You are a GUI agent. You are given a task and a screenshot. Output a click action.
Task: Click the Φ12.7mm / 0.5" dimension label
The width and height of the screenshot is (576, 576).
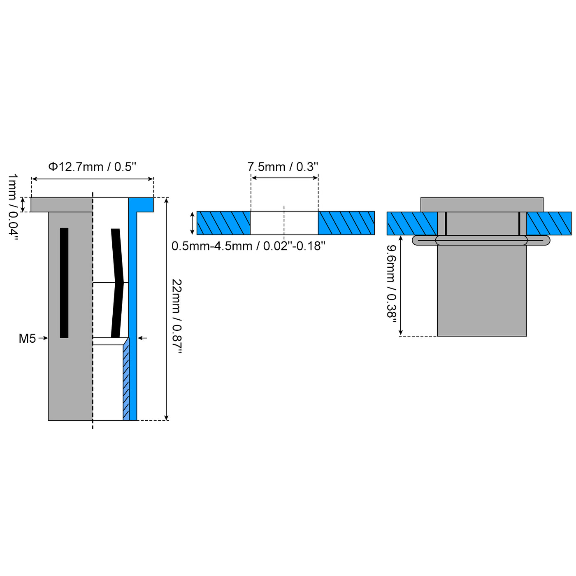[92, 167]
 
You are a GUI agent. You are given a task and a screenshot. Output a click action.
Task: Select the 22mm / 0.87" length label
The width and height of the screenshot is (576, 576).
[177, 316]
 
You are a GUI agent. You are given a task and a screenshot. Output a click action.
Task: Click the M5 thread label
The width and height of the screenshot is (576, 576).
[27, 338]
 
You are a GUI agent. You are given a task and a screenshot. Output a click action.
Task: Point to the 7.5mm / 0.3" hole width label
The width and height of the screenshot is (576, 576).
[283, 167]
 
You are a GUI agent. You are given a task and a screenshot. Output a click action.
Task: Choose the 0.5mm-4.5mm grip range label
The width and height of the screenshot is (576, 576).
[248, 246]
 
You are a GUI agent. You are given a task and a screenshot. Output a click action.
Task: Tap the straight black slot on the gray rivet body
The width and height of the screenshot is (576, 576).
[64, 283]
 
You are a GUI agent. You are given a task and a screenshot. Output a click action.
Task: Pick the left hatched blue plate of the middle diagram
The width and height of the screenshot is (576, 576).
[223, 223]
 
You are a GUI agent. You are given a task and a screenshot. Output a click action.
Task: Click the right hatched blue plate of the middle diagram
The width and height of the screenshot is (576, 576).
[346, 223]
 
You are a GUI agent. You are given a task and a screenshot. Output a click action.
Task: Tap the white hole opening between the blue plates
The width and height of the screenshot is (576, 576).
[284, 223]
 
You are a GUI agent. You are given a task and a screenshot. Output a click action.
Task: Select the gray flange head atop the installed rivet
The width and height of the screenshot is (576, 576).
[482, 204]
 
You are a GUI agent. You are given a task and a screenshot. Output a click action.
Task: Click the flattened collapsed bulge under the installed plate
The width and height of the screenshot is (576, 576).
[481, 240]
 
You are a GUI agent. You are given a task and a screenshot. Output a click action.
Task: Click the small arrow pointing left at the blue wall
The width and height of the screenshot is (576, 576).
[142, 338]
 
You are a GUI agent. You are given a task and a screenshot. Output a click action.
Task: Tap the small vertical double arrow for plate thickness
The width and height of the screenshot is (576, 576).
[192, 223]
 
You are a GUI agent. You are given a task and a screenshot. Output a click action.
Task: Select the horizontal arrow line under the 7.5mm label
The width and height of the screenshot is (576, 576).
[284, 178]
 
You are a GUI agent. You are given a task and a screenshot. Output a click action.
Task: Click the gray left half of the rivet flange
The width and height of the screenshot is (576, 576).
[62, 204]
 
